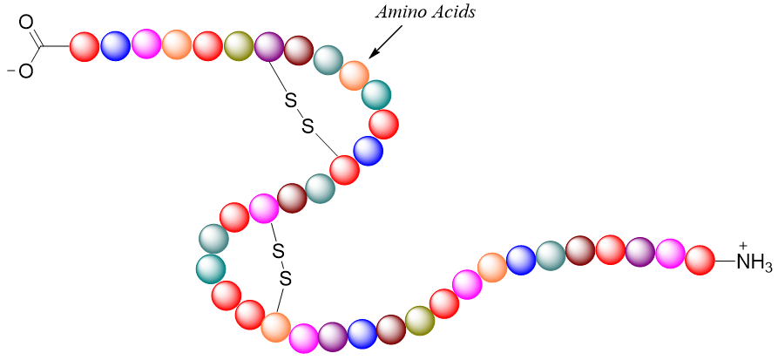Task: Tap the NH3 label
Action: pos(754,262)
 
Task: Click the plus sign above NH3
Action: pos(743,245)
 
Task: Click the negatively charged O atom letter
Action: pos(25,71)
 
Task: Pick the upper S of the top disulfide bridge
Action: pos(290,102)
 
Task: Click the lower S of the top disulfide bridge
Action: pos(307,127)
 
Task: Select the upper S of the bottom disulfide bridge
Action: pos(278,253)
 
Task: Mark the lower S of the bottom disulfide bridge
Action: pos(284,279)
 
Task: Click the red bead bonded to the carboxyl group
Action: pos(84,46)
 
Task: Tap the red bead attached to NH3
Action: pos(700,260)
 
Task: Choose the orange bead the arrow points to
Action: pos(354,75)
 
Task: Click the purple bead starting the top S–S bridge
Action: pos(268,46)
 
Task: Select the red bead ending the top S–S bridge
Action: pos(345,169)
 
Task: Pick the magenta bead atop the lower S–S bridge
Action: pos(263,208)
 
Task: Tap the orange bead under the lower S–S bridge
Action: pos(275,327)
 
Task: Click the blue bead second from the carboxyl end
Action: pos(115,45)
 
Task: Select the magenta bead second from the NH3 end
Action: pos(670,254)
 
